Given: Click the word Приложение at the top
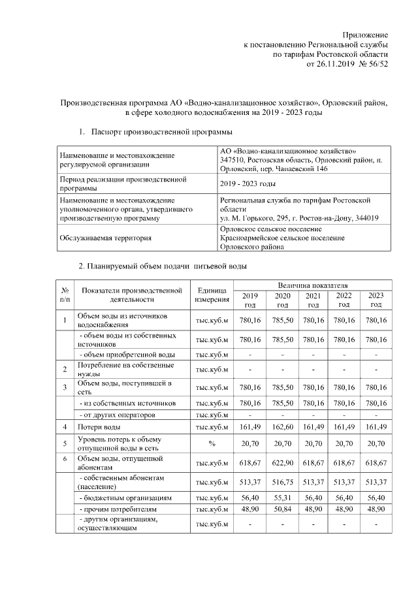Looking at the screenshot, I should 366,34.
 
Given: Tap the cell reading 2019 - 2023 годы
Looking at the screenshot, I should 248,184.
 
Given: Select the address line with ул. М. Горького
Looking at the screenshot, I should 300,218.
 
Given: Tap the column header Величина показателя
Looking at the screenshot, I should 312,286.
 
